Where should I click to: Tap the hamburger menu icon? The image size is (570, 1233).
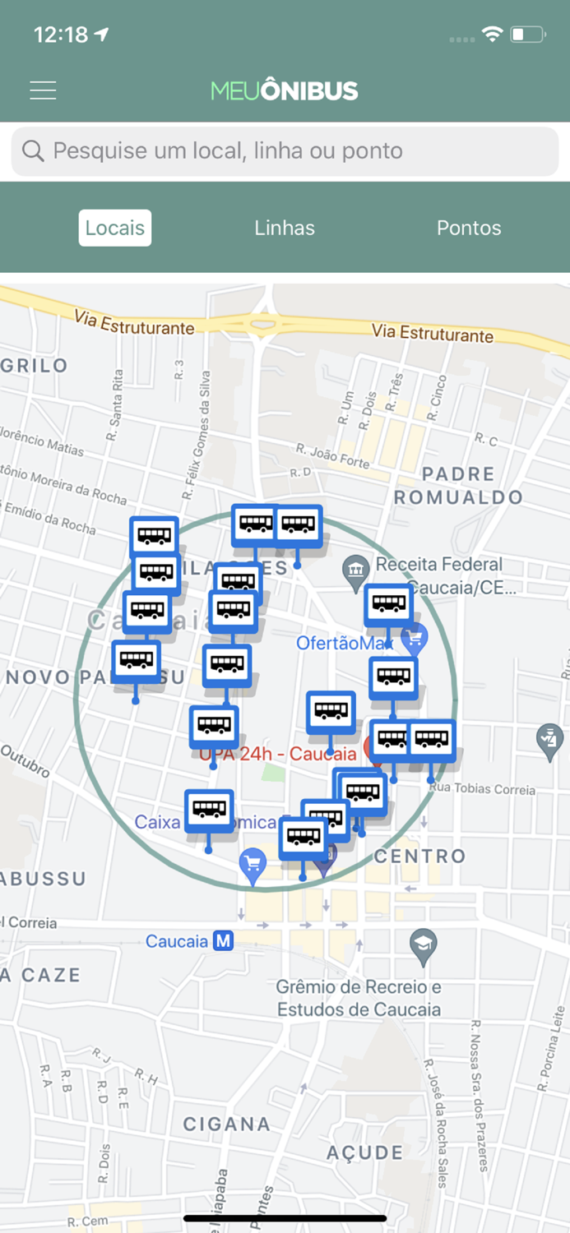click(43, 90)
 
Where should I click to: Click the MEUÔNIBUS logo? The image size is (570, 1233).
click(285, 90)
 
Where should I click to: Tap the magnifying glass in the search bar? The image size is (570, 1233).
click(33, 151)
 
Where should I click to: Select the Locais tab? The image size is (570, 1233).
click(115, 228)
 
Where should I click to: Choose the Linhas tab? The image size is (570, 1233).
click(285, 228)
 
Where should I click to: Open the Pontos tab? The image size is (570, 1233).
click(469, 228)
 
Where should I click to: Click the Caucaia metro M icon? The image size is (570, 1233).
click(223, 941)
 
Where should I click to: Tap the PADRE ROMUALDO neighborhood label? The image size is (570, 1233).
click(458, 486)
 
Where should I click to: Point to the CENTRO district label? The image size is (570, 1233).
click(420, 857)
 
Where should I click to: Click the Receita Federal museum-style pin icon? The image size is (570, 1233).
click(356, 568)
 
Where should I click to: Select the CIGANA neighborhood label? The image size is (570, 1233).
click(226, 1124)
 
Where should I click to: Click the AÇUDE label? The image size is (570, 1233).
click(365, 1152)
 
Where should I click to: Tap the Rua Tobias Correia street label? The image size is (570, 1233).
click(482, 789)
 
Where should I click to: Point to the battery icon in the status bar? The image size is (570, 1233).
click(527, 35)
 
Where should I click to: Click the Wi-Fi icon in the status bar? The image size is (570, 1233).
click(492, 35)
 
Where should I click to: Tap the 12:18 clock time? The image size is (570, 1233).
click(61, 35)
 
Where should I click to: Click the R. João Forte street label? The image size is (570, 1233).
click(333, 456)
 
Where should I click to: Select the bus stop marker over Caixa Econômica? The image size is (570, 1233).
click(209, 810)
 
